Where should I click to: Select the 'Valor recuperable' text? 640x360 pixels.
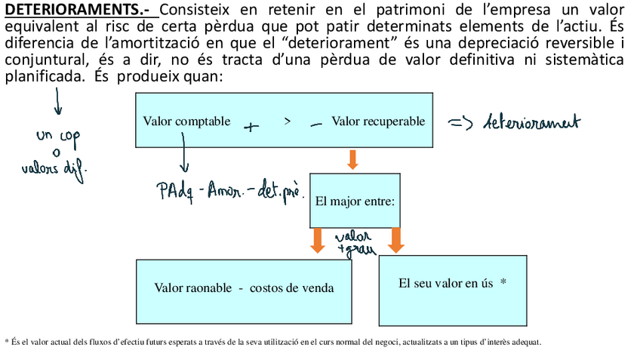378,121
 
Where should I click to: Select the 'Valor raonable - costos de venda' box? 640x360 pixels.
244,291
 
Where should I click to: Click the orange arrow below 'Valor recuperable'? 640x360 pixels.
352,159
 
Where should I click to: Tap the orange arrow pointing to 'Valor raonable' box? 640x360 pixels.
318,240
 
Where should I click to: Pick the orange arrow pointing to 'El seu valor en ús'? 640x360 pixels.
396,240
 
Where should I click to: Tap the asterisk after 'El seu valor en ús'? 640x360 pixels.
503,283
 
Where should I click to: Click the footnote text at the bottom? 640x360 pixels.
273,342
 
